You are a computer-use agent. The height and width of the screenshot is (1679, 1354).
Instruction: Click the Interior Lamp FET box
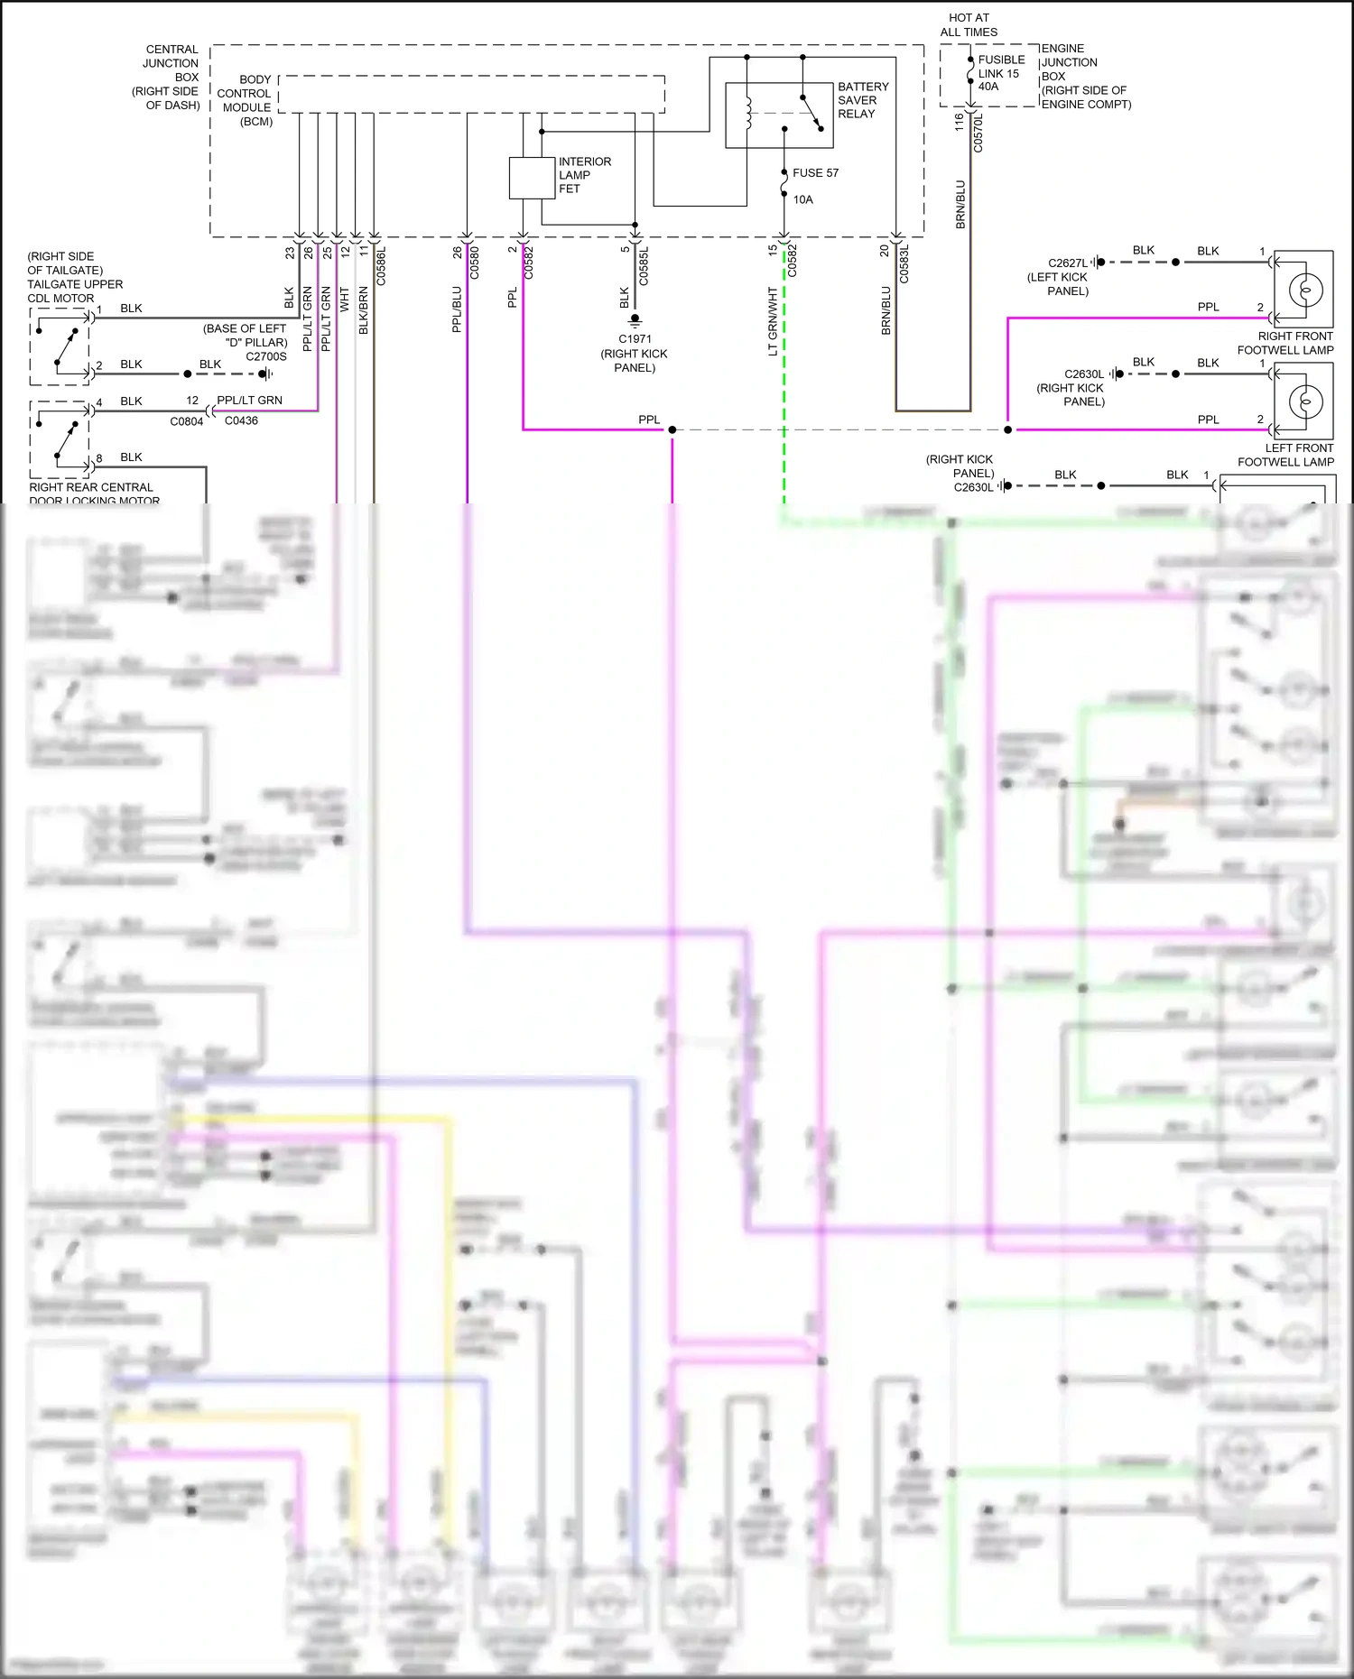(532, 178)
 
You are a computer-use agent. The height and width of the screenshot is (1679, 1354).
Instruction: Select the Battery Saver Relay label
(862, 100)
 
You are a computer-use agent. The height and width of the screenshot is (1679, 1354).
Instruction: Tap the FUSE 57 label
(815, 172)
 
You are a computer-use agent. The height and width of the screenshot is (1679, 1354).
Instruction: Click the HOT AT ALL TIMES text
(969, 24)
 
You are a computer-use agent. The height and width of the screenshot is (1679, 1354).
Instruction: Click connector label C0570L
(978, 132)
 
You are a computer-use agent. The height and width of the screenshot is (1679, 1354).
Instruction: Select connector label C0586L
(381, 266)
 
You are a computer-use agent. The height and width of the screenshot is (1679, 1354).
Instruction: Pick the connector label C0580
(475, 263)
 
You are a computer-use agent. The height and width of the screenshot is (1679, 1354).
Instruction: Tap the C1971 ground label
(635, 339)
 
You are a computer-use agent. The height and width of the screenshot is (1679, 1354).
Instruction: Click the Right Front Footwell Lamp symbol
(1303, 290)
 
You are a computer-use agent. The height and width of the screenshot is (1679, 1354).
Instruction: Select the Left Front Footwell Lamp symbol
(1303, 401)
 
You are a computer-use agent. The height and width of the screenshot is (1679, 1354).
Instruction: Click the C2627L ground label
(1067, 263)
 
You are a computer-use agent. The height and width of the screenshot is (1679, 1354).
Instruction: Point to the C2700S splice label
(266, 356)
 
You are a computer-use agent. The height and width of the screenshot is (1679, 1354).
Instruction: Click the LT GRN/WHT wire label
(773, 321)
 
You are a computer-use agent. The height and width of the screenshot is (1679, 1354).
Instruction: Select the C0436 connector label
(241, 420)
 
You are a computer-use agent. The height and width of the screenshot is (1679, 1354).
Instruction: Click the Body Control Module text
(246, 100)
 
